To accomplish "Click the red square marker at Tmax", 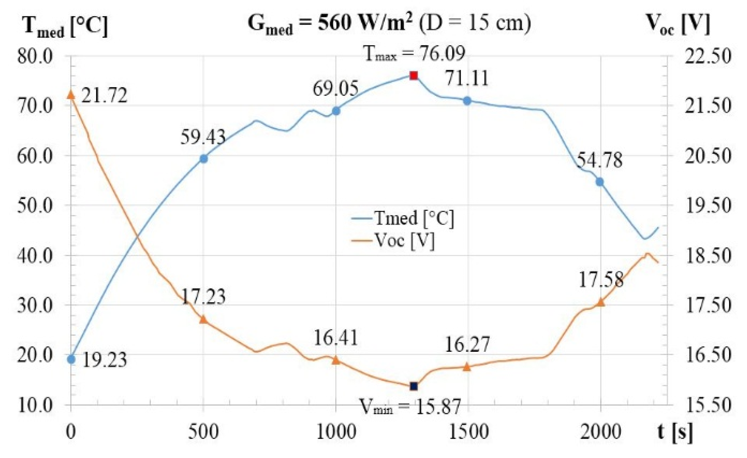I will [x=413, y=75].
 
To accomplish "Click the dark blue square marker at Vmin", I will [x=414, y=386].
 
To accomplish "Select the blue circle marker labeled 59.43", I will [x=204, y=159].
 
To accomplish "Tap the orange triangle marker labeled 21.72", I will [x=71, y=94].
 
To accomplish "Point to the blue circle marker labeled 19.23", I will [x=71, y=359].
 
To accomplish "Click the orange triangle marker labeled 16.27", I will [x=467, y=367].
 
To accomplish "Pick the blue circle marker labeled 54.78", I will [x=600, y=182].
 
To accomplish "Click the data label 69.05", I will [x=335, y=88].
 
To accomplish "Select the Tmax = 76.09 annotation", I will [x=414, y=53].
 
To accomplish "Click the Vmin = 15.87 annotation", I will [x=410, y=406].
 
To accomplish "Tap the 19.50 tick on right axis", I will [x=708, y=205].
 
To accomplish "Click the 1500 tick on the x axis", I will [x=468, y=432].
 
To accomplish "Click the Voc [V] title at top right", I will [x=678, y=24].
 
